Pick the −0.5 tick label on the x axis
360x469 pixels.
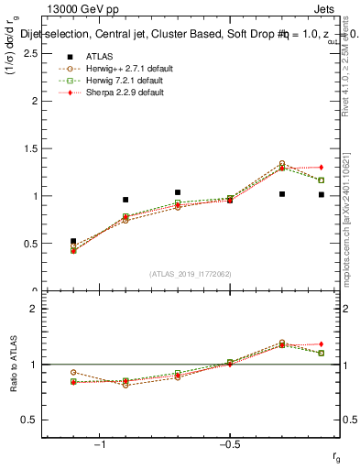[229, 445]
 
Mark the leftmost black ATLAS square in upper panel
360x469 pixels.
[73, 241]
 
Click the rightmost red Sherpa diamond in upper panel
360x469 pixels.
[321, 167]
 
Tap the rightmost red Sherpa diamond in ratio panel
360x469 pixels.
[321, 344]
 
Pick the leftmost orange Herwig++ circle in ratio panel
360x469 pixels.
[73, 373]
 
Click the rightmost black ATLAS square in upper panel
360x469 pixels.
[321, 194]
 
